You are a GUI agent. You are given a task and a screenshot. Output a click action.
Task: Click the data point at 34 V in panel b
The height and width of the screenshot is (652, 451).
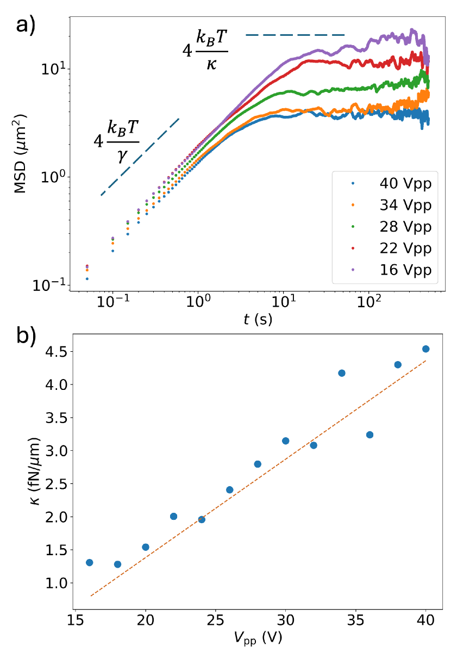[x=342, y=373]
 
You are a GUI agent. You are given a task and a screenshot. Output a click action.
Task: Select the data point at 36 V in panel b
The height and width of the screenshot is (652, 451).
[x=369, y=434]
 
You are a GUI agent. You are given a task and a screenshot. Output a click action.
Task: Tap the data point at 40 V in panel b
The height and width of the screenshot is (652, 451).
[x=425, y=349]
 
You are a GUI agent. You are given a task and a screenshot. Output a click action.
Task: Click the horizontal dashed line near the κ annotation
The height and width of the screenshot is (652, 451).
[x=296, y=35]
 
